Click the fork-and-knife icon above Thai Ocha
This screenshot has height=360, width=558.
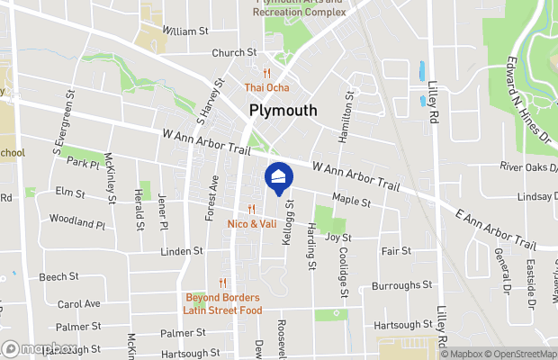tap(267, 73)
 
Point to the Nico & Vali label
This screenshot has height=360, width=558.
tap(252, 222)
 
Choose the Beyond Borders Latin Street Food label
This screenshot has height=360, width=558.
tap(222, 303)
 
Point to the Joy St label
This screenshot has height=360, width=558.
tap(337, 238)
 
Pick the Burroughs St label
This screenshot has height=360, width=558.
tap(401, 286)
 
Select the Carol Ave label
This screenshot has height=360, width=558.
tap(78, 304)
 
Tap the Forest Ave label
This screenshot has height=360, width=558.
tap(212, 195)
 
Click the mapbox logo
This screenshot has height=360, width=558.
tap(40, 349)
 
